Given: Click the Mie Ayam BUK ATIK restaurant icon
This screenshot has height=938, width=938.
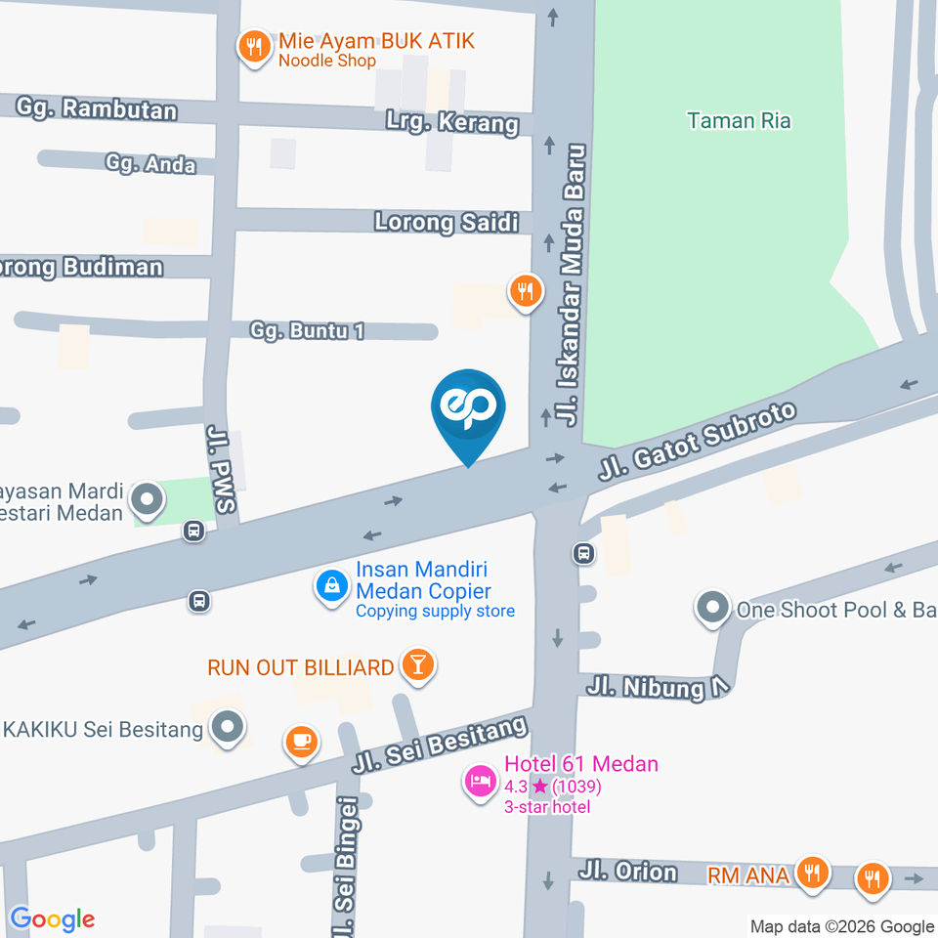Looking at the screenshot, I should click(255, 47).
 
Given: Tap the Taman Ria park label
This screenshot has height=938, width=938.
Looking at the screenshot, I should click(739, 121).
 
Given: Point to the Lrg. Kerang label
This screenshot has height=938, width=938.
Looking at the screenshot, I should click(466, 124).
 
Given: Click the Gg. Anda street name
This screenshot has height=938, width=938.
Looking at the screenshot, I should click(150, 164).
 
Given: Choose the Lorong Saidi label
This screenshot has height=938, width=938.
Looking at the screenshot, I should click(447, 223).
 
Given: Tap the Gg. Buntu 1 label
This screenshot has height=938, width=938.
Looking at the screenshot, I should click(307, 331).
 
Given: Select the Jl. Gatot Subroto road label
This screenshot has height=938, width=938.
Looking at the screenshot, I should click(698, 445).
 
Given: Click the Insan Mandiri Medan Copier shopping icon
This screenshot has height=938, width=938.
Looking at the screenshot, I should click(332, 586).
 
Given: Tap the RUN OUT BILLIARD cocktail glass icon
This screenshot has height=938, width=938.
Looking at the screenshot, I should click(419, 666).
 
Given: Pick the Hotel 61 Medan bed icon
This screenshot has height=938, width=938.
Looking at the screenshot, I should click(480, 782).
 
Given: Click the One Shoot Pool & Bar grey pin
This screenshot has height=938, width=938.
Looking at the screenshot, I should click(712, 610).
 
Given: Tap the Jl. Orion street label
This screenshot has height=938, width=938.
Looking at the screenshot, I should click(627, 871).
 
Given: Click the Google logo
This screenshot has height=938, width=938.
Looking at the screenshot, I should click(53, 919).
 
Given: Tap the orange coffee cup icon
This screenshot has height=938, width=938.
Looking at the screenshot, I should click(302, 742).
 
